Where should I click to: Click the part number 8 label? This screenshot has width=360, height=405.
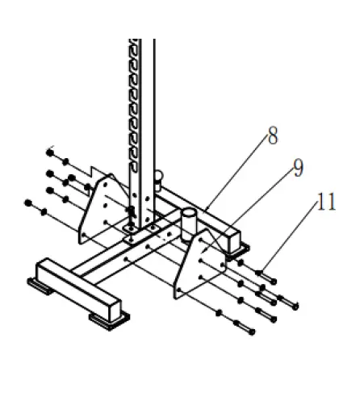click(x=273, y=136)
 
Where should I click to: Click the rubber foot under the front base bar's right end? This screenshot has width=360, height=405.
click(x=110, y=320)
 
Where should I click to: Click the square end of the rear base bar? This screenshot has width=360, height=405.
click(x=235, y=238)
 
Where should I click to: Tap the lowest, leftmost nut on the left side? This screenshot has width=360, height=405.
click(x=30, y=202)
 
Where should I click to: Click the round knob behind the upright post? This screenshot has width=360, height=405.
click(x=158, y=177)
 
